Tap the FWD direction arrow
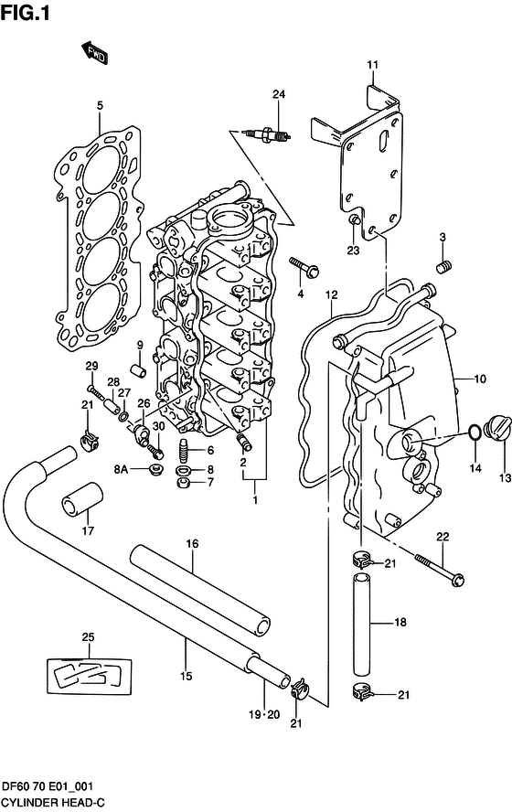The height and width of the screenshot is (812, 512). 93,54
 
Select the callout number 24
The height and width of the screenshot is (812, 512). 278,94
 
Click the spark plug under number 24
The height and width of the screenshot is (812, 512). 269,134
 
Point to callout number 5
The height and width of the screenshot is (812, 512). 101,106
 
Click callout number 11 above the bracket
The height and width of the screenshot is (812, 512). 372,64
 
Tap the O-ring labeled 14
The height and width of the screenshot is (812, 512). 474,432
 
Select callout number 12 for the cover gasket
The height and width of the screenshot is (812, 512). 331,294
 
